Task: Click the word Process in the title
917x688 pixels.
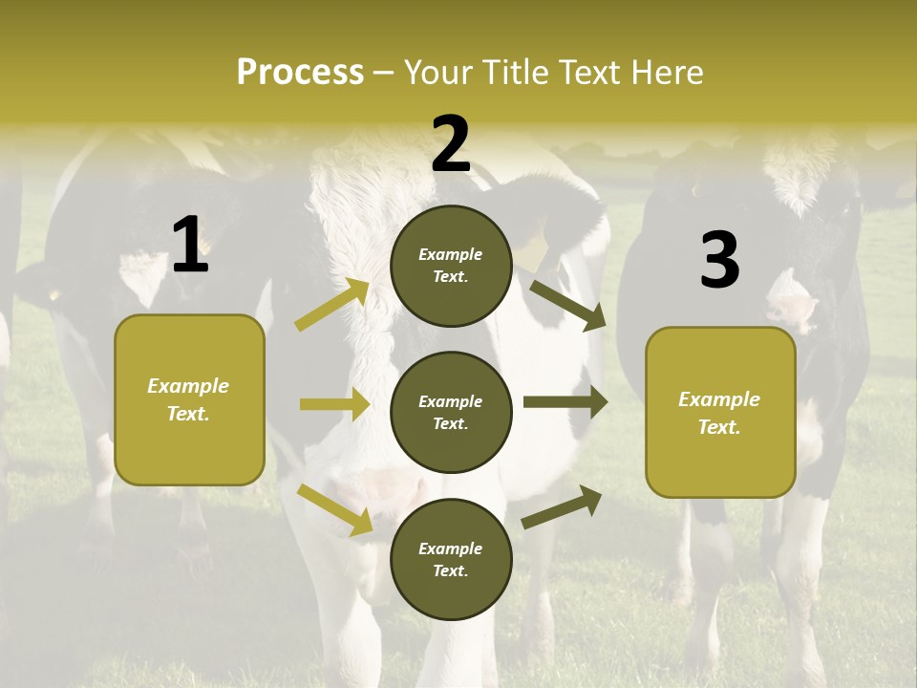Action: click(300, 72)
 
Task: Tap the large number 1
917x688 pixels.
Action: click(190, 246)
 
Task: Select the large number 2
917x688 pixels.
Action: click(451, 144)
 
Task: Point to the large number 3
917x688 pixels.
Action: click(719, 260)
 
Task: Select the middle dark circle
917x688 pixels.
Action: click(451, 412)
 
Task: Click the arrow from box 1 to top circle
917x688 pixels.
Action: click(332, 305)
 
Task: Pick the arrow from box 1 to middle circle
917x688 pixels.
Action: click(334, 404)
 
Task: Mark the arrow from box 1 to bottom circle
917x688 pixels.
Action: click(335, 509)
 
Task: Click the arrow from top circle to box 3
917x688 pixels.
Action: click(567, 305)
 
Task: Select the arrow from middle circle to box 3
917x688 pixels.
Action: click(565, 402)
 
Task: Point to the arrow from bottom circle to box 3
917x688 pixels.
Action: click(562, 506)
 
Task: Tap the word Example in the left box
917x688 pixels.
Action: click(188, 386)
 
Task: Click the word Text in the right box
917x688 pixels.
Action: click(717, 427)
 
